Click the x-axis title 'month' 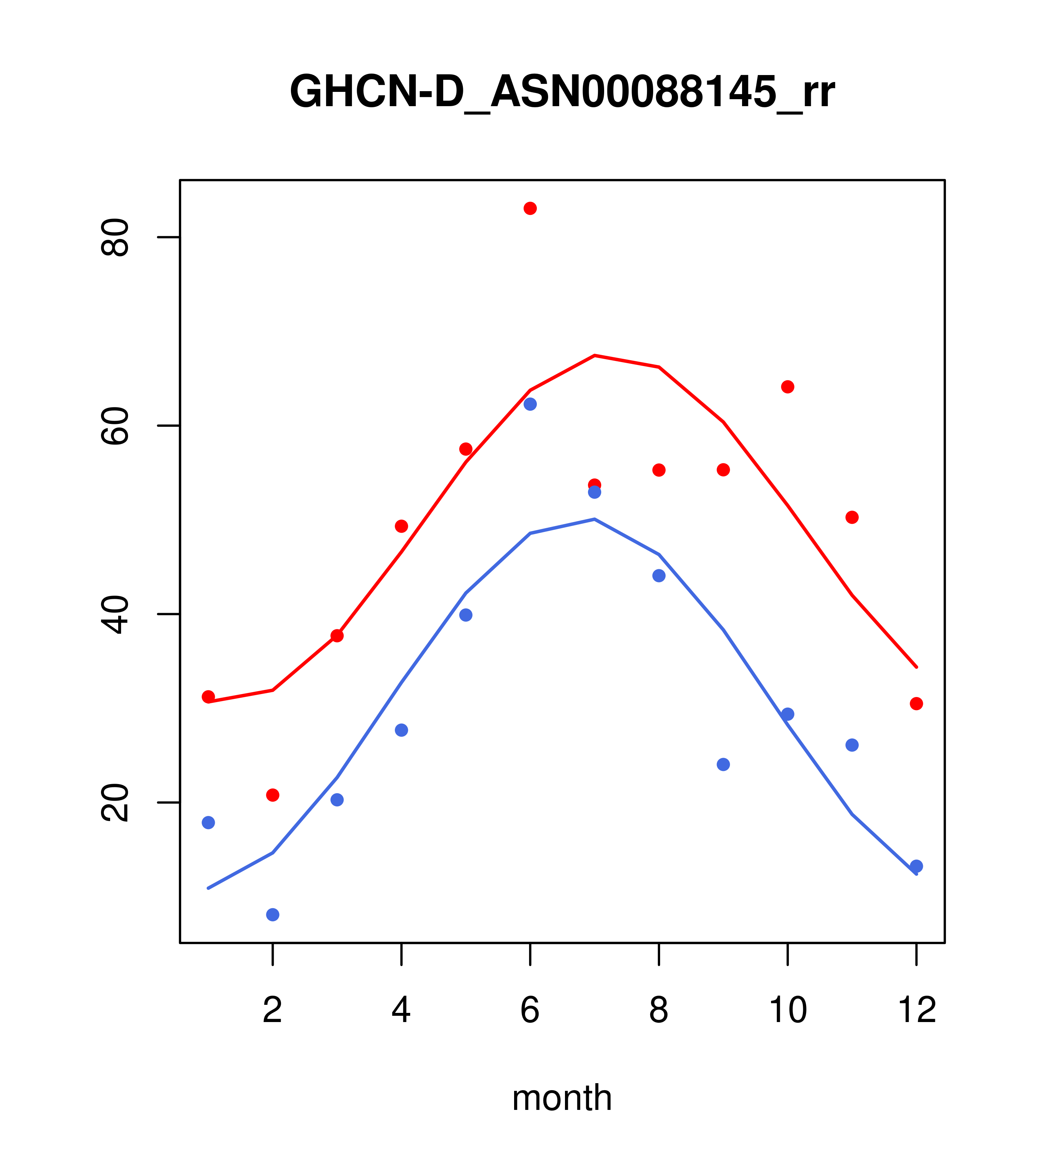pos(562,1098)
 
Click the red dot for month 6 pos(530,208)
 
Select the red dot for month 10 pos(787,387)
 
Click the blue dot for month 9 pos(723,764)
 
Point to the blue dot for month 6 pos(530,404)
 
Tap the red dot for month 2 pos(273,795)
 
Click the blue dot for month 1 pos(208,823)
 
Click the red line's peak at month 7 pos(595,356)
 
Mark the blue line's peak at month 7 pos(595,519)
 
